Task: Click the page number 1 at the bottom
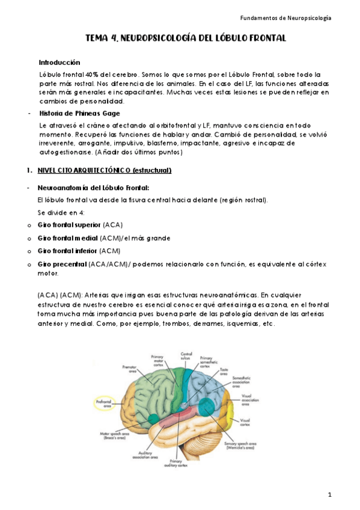coord(330,494)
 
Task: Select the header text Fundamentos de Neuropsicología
coord(290,18)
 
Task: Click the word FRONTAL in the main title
coord(263,39)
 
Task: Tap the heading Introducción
coord(59,63)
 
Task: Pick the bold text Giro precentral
coord(62,264)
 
